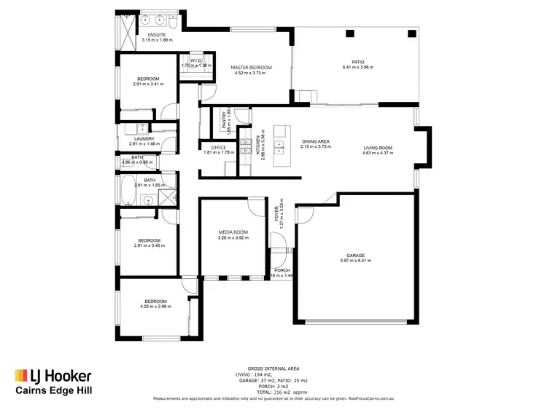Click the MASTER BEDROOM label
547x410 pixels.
click(251, 68)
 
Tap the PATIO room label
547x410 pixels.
click(357, 62)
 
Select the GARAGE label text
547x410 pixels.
click(356, 255)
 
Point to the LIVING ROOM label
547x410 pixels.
click(379, 148)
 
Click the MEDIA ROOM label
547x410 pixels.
click(233, 232)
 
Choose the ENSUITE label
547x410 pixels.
click(156, 34)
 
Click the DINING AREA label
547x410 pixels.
click(316, 141)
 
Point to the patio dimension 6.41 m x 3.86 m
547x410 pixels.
click(357, 68)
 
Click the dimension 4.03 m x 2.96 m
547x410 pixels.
click(155, 306)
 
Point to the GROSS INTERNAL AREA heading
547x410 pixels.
click(273, 368)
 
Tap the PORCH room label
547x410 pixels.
click(281, 270)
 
